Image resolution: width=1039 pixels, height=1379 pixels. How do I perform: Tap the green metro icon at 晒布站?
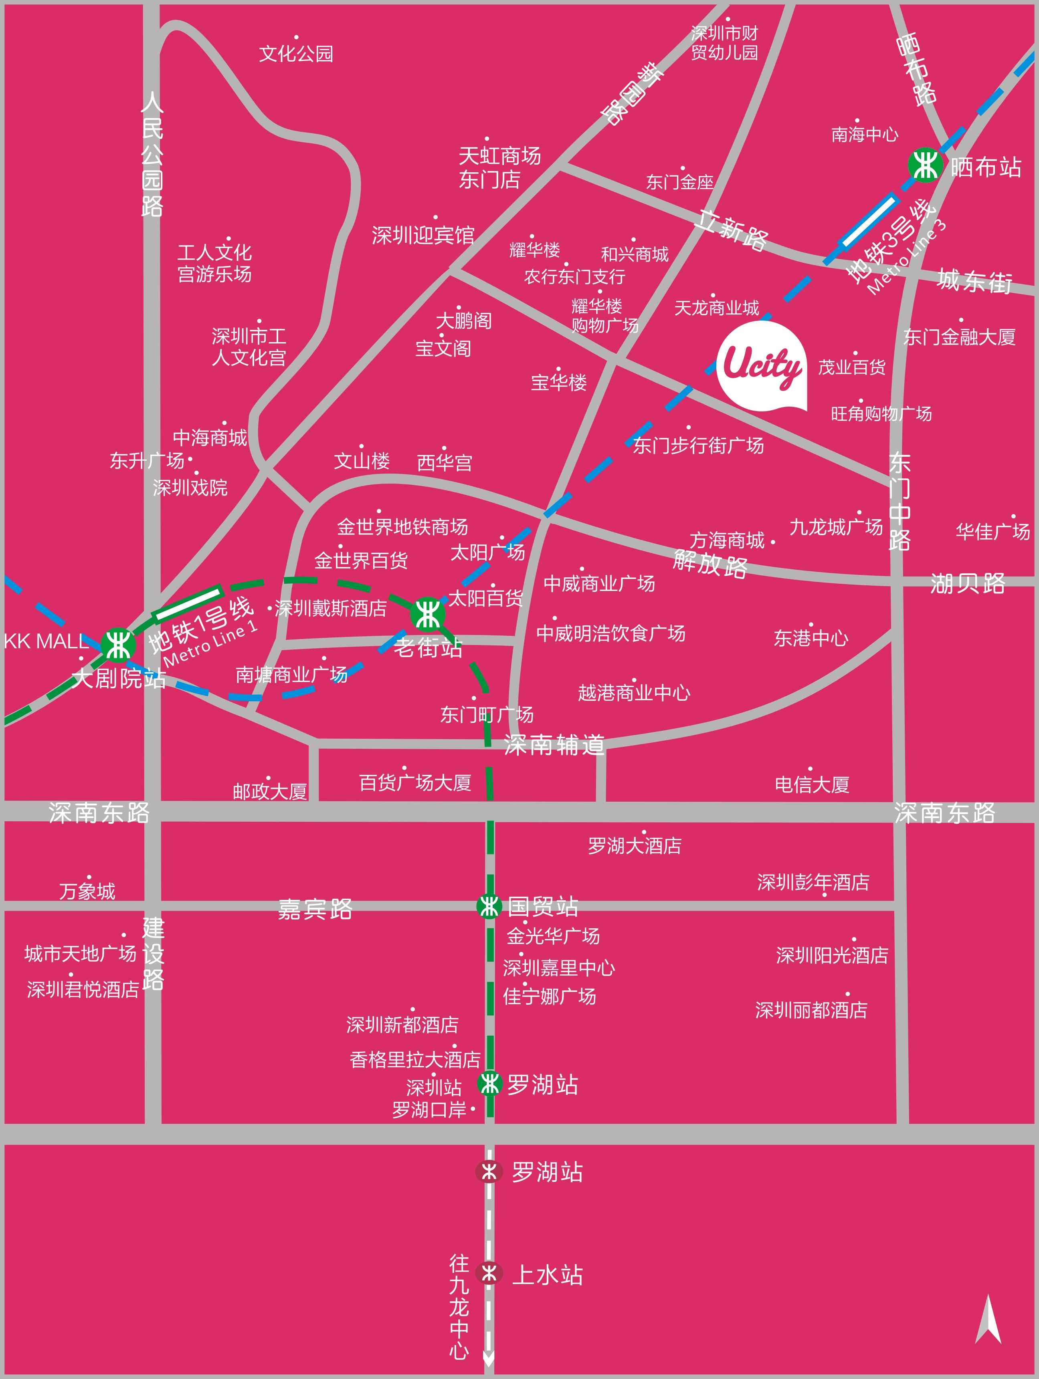[924, 165]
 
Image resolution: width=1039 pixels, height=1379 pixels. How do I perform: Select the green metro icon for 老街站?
[428, 614]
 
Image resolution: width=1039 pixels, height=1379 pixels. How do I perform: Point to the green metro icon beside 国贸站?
[489, 906]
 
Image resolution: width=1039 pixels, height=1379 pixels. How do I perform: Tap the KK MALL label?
[46, 641]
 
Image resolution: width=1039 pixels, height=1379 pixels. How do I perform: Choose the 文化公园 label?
[296, 54]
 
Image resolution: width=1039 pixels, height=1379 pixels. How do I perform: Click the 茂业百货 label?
[851, 367]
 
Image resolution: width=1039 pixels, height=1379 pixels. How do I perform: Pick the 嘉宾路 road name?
[315, 909]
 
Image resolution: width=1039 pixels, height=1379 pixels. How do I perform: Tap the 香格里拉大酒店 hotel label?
[415, 1059]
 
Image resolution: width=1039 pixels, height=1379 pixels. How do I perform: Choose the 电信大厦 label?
[812, 784]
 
